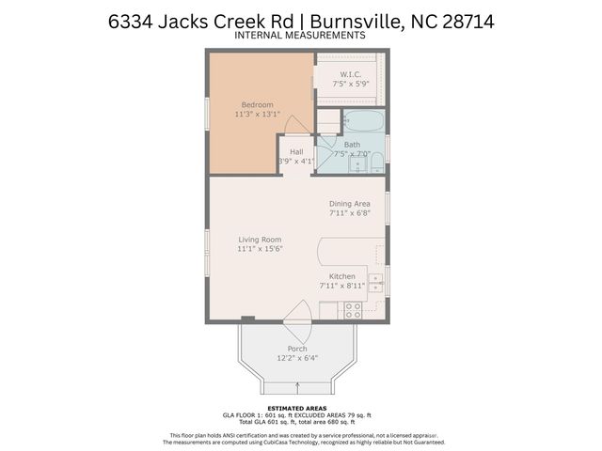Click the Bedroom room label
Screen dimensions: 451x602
point(257,104)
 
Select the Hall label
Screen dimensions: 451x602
point(296,151)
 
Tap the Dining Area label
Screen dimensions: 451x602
point(349,204)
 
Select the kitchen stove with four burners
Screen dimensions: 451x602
point(353,309)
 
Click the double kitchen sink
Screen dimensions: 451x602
point(376,284)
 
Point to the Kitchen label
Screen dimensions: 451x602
point(341,276)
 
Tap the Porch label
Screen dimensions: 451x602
point(296,349)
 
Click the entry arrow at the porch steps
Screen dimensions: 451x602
point(297,384)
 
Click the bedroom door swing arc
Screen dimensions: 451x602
point(294,125)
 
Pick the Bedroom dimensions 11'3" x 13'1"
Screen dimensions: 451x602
point(257,115)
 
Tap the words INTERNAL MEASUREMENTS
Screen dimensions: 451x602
point(300,36)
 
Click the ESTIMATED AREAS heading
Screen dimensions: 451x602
point(300,408)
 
